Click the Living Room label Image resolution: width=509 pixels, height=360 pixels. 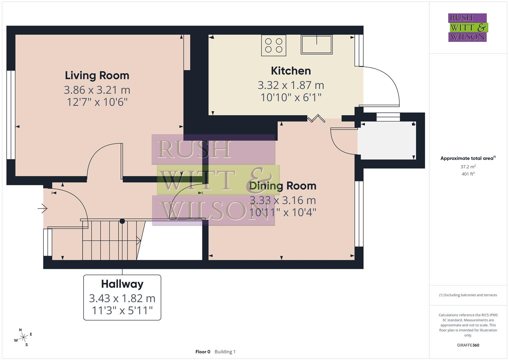pos(97,75)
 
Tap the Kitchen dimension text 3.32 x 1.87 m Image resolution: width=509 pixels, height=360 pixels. pos(291,85)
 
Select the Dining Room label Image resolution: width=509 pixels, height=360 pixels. pos(283,186)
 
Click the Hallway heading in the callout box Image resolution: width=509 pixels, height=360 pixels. pos(122,284)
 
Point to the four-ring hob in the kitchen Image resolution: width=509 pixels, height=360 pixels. pos(274,45)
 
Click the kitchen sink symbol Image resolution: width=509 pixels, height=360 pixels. pos(316,45)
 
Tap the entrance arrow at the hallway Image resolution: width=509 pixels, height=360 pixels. pos(43,209)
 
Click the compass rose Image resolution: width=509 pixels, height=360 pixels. pos(23,338)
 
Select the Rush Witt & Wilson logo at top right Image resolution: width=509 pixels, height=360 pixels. pos(467,28)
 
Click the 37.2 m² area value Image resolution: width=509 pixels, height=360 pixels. pos(468,167)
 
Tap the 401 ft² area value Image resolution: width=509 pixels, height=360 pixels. pos(468,174)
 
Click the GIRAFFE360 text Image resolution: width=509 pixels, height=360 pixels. pos(468,345)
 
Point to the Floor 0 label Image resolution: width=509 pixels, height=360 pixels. pos(203,352)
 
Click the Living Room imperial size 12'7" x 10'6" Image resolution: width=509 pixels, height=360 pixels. pos(97,102)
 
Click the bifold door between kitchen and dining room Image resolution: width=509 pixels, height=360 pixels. pos(315,118)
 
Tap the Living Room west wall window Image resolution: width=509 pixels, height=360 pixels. pos(11,115)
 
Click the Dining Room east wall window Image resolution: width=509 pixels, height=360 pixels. pos(359,214)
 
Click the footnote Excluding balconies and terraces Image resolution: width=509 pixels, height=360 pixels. pos(468,295)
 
